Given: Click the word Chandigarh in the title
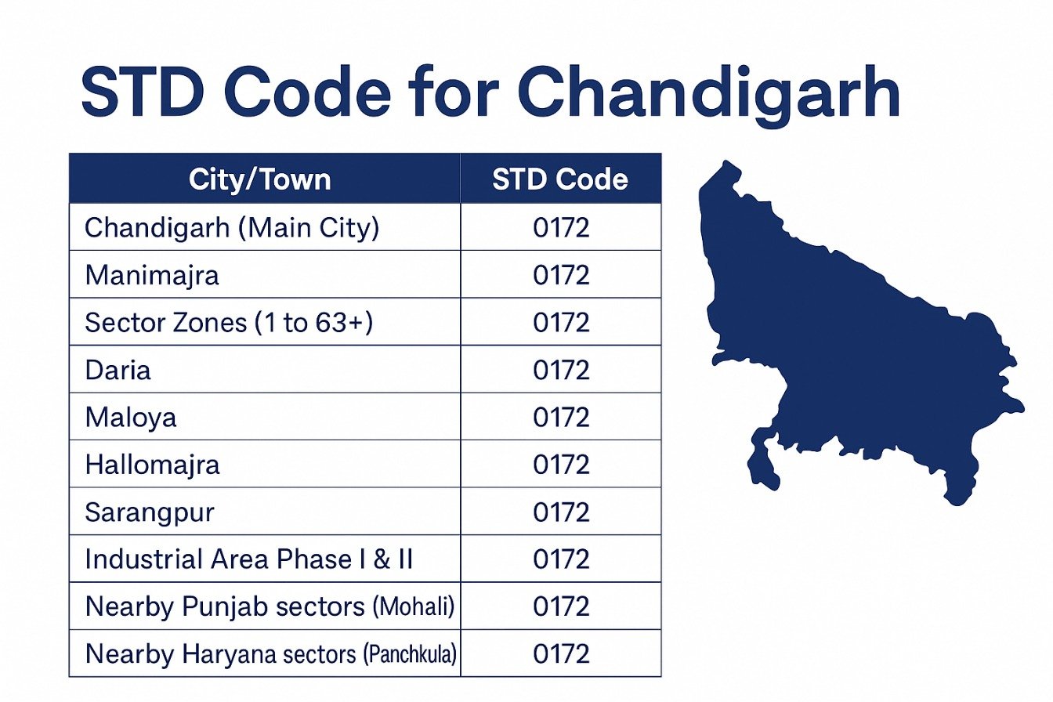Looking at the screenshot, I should (708, 92).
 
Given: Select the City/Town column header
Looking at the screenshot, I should (259, 180).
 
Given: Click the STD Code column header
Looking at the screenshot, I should (560, 180).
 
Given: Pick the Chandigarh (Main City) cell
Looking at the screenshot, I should (232, 228).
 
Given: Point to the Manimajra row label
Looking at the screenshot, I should (152, 276).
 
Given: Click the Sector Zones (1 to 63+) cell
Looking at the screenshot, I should (229, 323).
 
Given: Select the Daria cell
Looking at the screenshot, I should (118, 370).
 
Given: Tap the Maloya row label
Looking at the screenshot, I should (131, 417).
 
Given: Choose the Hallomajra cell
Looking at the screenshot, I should (152, 465).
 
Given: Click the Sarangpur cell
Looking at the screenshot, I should (150, 512).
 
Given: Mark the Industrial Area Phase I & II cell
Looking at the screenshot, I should (249, 559).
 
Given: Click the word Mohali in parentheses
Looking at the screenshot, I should (414, 607).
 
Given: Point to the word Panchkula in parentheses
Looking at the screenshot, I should (410, 654).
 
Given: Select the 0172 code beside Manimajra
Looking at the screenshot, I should (561, 276).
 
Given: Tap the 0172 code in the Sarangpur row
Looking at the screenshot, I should (561, 512).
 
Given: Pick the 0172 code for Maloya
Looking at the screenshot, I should (561, 417).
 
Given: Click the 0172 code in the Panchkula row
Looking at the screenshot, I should (561, 654).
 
